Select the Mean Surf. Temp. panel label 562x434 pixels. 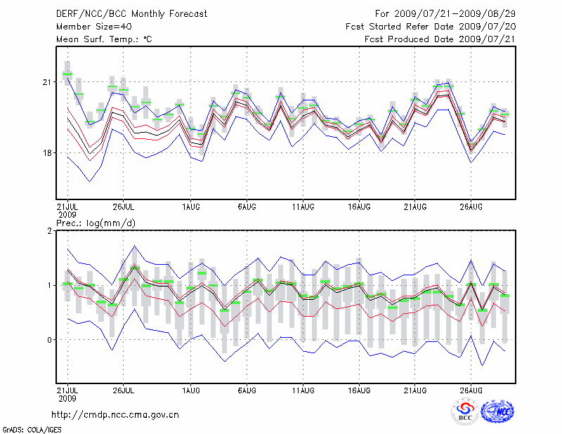(x=104, y=39)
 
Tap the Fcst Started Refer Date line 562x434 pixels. (x=431, y=27)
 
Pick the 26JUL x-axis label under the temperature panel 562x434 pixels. (x=124, y=206)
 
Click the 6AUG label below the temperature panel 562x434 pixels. (x=247, y=206)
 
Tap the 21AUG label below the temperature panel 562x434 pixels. (x=415, y=206)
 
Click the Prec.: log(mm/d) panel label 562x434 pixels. (x=96, y=223)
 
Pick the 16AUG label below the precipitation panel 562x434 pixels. (x=359, y=388)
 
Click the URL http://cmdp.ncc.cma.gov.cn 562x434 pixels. (x=116, y=414)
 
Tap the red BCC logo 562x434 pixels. (x=465, y=412)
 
